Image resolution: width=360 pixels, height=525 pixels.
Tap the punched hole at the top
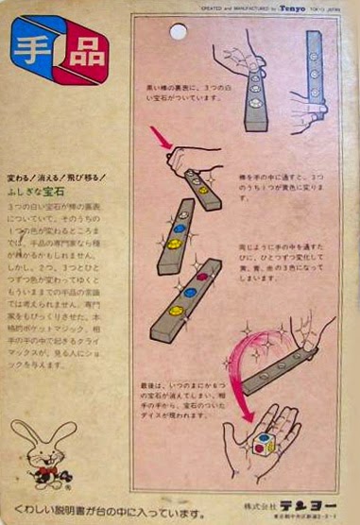tap(178, 32)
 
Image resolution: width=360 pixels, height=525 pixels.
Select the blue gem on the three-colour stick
tap(188, 293)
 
